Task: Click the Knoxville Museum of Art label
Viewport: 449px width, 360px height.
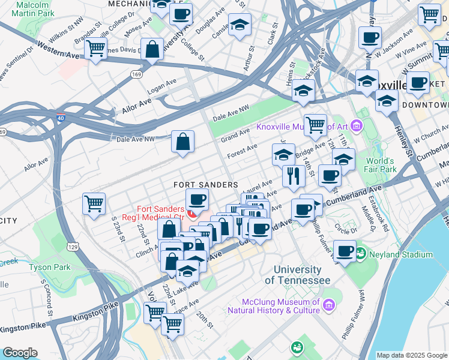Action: (x=302, y=127)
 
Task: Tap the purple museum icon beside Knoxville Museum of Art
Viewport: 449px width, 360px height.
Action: (x=357, y=126)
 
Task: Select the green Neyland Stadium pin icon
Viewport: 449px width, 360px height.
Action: (x=360, y=254)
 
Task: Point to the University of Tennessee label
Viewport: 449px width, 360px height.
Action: (x=297, y=275)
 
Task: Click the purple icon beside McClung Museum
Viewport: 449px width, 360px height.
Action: (x=328, y=306)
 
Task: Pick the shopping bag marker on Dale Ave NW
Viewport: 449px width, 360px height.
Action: (x=182, y=142)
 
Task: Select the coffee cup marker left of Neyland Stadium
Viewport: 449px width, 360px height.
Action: (x=345, y=251)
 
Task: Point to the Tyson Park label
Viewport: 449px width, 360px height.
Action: (x=50, y=266)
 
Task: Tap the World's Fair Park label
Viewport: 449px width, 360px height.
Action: (x=379, y=165)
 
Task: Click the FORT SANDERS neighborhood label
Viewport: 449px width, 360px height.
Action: (x=206, y=185)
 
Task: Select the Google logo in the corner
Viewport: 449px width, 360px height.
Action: (x=19, y=353)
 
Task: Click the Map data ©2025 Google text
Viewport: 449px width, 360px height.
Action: (x=411, y=355)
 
